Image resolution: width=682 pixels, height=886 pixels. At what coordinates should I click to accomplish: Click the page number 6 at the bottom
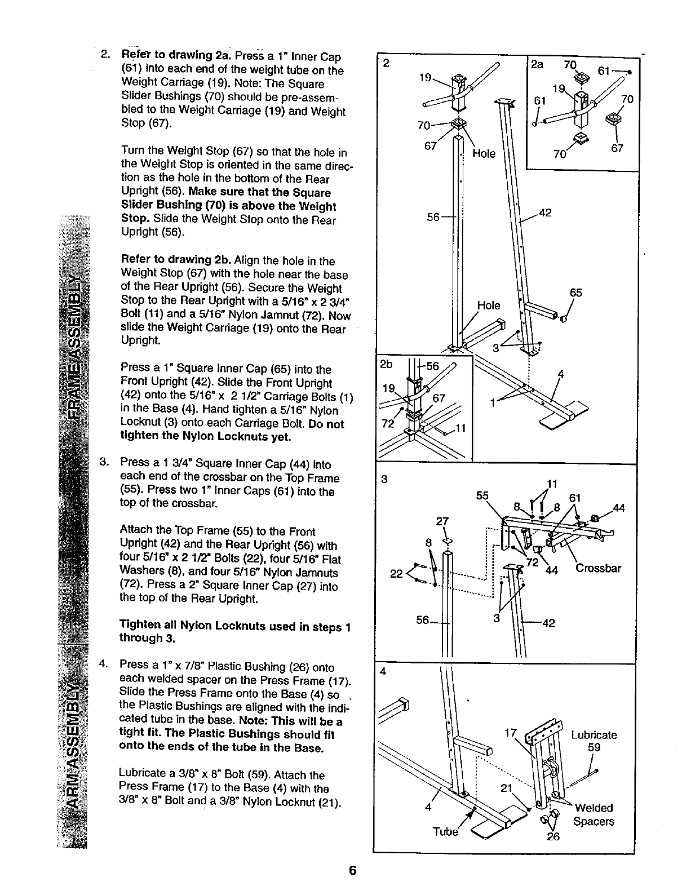click(352, 870)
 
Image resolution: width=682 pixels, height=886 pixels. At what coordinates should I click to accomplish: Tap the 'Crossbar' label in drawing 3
click(598, 568)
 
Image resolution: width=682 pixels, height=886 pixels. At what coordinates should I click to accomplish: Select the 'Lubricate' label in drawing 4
click(594, 735)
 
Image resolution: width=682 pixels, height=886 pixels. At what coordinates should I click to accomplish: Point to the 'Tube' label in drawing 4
click(445, 832)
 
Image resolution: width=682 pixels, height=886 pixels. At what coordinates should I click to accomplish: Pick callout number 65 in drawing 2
click(576, 293)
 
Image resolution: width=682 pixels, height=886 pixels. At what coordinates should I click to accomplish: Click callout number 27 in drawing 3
click(444, 520)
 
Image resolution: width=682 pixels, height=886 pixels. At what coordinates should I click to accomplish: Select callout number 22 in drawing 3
click(397, 574)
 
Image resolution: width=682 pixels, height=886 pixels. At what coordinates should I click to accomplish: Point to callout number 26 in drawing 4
click(553, 836)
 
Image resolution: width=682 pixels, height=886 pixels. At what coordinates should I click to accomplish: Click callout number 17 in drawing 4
click(511, 733)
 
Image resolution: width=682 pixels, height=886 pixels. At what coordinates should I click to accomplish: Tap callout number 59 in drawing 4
click(594, 747)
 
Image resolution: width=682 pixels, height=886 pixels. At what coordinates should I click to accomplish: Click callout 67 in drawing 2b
click(439, 398)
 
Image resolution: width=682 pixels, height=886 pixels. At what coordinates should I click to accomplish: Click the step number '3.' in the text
click(103, 464)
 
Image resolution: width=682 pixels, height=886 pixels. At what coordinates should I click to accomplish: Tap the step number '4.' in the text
click(103, 663)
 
